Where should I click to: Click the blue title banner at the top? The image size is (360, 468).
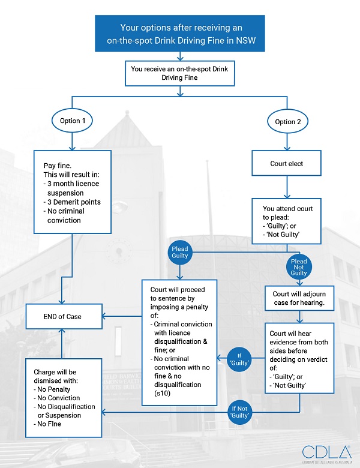click(x=179, y=34)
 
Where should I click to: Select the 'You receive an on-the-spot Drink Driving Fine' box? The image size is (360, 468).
click(x=179, y=73)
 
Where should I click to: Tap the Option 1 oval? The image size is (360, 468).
click(x=73, y=121)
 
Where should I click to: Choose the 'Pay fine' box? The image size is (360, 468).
click(x=73, y=193)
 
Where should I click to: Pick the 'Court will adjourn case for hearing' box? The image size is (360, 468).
click(x=299, y=299)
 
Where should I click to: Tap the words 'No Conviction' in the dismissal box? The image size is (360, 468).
click(x=62, y=398)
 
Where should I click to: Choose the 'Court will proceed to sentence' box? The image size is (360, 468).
click(x=178, y=342)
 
